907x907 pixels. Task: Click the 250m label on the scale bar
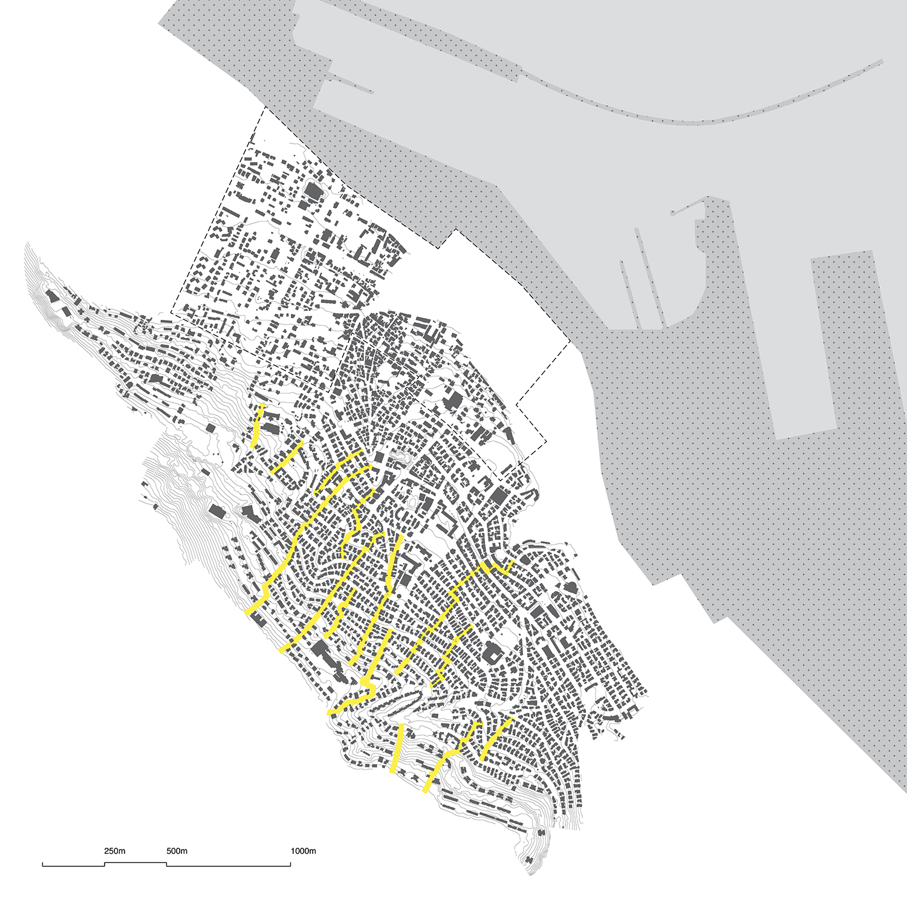114,851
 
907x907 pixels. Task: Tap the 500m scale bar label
177,851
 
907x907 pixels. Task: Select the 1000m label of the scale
303,851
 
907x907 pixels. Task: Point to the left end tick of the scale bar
43,864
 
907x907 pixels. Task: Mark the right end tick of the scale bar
290,864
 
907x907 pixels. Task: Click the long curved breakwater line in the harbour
695,121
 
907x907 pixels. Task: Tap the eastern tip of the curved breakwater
882,61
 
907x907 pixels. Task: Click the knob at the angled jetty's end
672,213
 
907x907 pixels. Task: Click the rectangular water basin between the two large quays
792,339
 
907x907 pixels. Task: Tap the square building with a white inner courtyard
492,655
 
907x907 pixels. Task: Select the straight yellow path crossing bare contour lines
397,748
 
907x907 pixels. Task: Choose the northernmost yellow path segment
257,426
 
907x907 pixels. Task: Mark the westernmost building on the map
52,297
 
